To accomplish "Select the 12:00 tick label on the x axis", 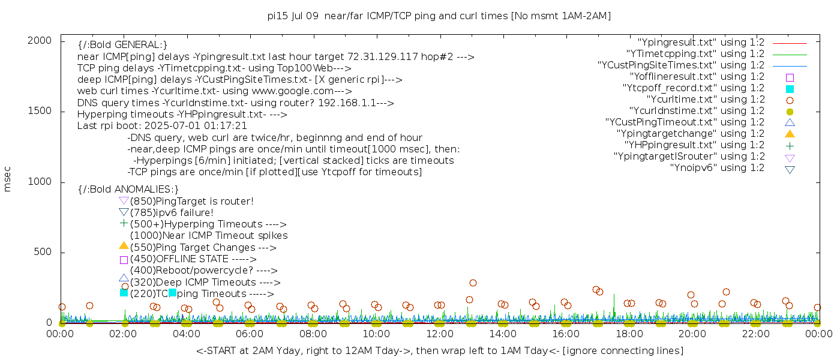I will [439, 334].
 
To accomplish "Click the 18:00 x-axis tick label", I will [629, 334].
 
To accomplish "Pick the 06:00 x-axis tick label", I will [250, 334].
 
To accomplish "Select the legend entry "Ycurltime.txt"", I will [705, 100].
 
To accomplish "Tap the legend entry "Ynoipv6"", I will [717, 168].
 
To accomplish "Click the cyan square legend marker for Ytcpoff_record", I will [790, 89].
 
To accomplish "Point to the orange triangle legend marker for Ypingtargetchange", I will [790, 134].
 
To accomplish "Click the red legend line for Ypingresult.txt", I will [790, 43].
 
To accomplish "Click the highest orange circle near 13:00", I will [473, 283].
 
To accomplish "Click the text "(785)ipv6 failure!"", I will [172, 213].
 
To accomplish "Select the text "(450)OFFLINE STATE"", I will [179, 259].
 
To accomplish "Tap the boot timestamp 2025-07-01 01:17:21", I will [204, 126].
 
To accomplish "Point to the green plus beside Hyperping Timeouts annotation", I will [124, 224].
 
